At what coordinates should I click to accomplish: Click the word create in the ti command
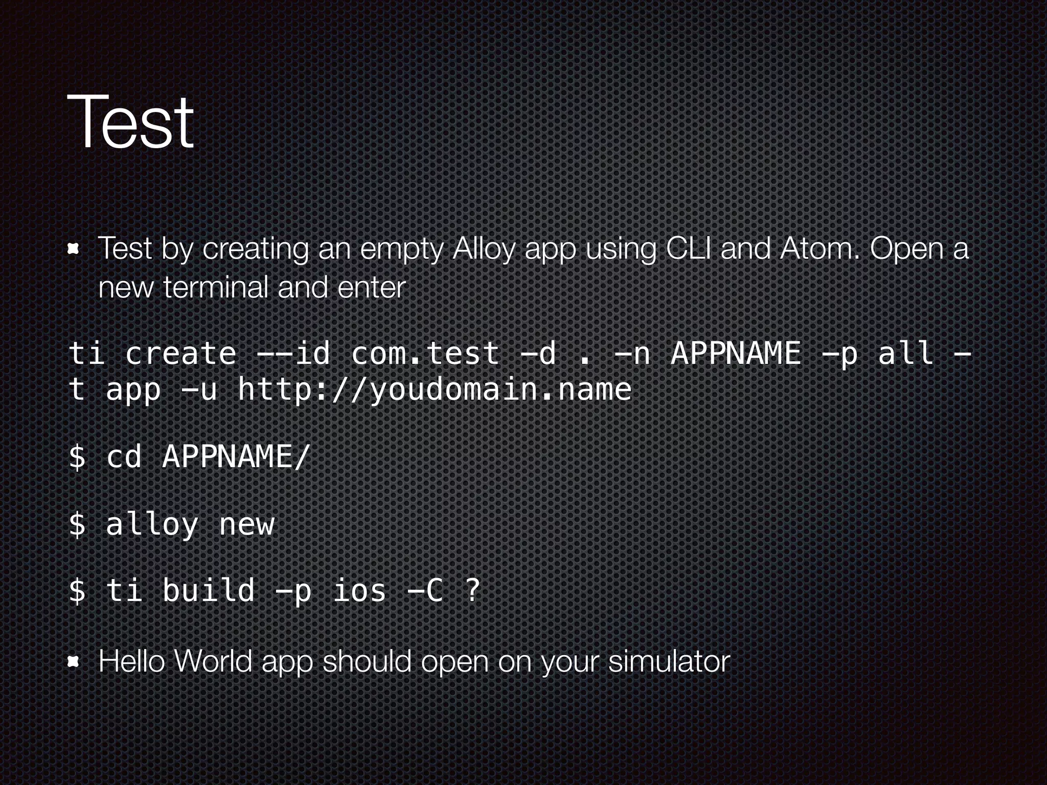(180, 353)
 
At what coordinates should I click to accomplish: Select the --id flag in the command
(293, 353)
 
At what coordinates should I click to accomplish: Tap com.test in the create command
(425, 353)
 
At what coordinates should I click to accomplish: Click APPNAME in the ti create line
(736, 353)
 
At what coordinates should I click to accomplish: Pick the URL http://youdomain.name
(435, 390)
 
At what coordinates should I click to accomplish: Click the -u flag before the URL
(199, 390)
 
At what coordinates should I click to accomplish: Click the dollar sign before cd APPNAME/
(77, 456)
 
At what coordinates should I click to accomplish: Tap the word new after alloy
(247, 524)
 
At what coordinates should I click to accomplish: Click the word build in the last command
(208, 590)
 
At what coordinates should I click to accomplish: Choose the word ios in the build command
(359, 590)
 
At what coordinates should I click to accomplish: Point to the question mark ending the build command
(473, 590)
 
